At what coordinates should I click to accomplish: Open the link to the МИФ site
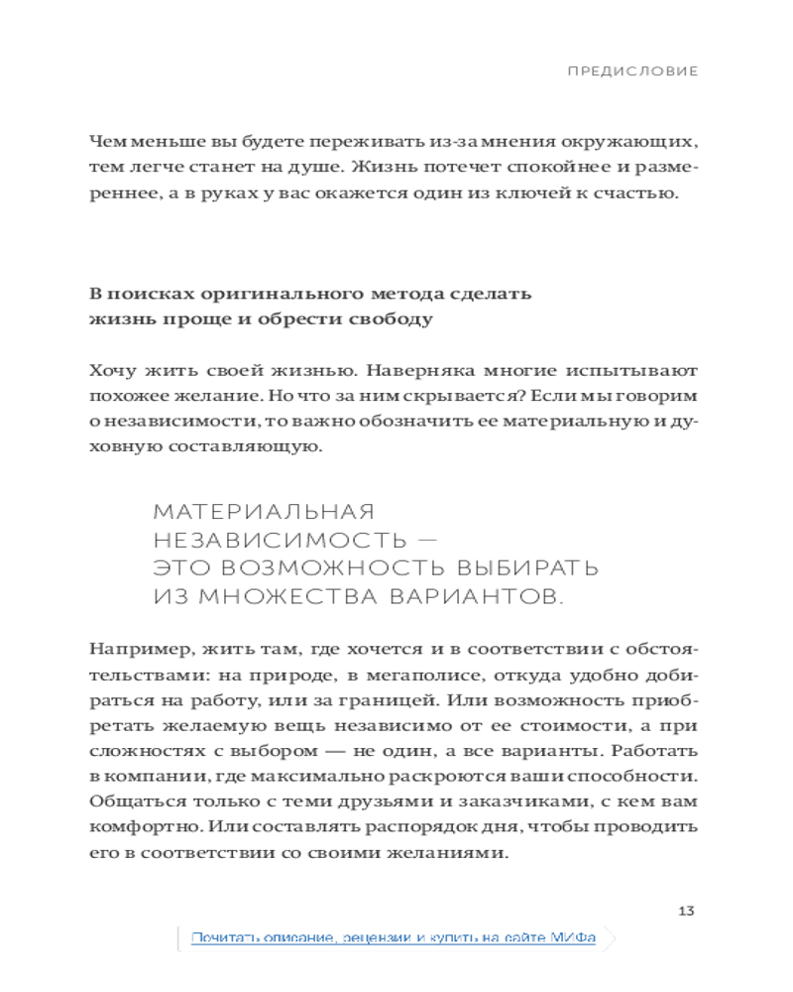(394, 937)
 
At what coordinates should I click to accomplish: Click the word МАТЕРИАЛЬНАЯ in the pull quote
(265, 512)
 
